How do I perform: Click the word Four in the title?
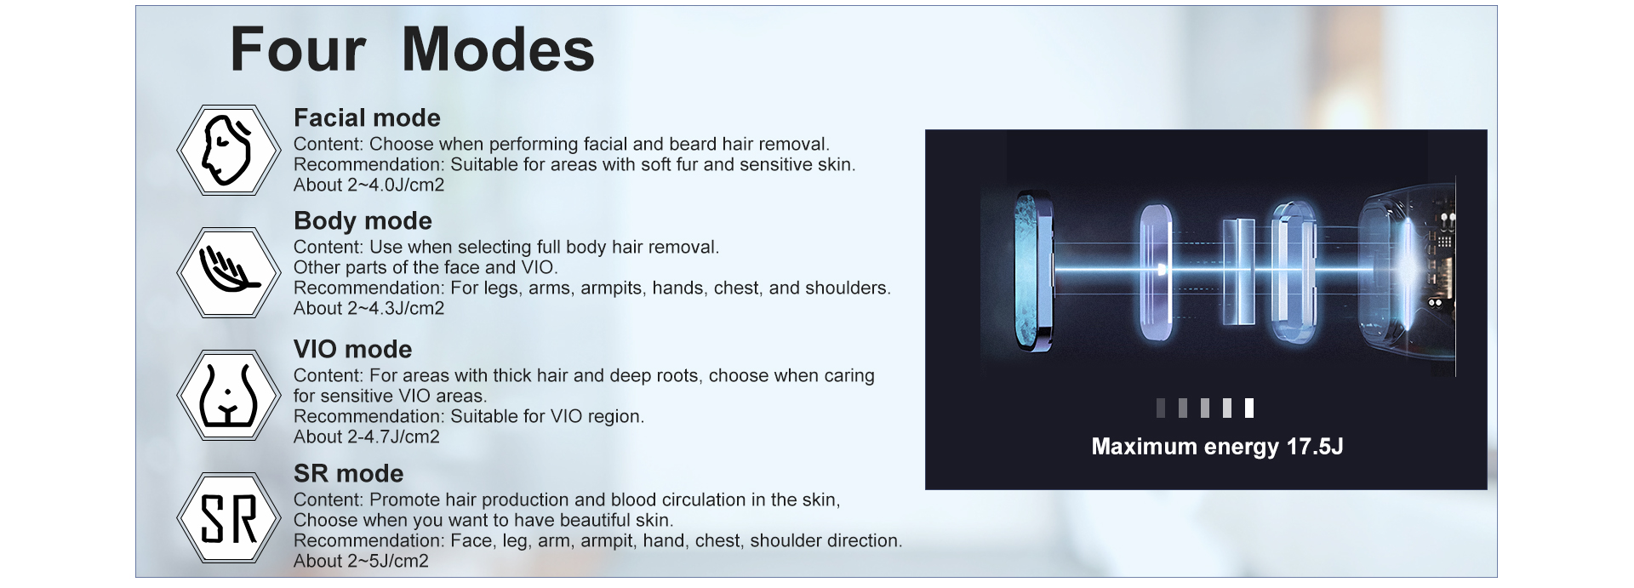pyautogui.click(x=298, y=49)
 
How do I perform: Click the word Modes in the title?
pyautogui.click(x=498, y=49)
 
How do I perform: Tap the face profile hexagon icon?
pyautogui.click(x=228, y=151)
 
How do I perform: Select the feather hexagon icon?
pyautogui.click(x=228, y=272)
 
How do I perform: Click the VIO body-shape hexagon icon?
pyautogui.click(x=228, y=395)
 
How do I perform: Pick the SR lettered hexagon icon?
pyautogui.click(x=228, y=517)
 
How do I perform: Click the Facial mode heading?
pyautogui.click(x=367, y=117)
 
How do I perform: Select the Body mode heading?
pyautogui.click(x=363, y=220)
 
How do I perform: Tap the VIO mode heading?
pyautogui.click(x=352, y=349)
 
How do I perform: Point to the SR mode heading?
pyautogui.click(x=348, y=473)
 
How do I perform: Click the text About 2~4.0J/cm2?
pyautogui.click(x=369, y=185)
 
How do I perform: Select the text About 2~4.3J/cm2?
pyautogui.click(x=369, y=308)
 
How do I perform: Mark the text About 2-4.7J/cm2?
pyautogui.click(x=366, y=437)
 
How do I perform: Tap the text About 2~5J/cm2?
pyautogui.click(x=361, y=561)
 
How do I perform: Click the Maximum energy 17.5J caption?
pyautogui.click(x=1217, y=447)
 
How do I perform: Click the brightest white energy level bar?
pyautogui.click(x=1248, y=408)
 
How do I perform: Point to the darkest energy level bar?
pyautogui.click(x=1161, y=408)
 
